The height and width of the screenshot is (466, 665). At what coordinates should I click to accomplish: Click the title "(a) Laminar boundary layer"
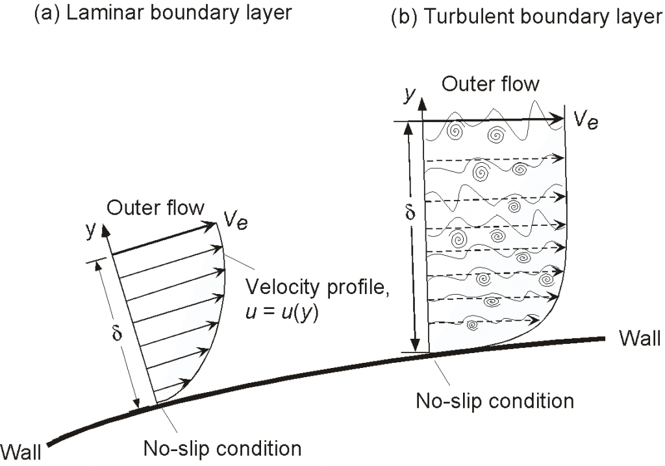[162, 12]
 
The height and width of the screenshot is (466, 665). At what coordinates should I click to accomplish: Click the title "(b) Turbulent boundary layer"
[527, 17]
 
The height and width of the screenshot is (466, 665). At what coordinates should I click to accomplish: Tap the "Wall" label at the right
[639, 338]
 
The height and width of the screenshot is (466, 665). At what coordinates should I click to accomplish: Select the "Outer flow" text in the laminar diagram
[155, 208]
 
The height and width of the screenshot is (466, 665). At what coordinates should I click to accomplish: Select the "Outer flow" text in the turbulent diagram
[490, 84]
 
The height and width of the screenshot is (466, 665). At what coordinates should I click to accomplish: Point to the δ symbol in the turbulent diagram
[410, 213]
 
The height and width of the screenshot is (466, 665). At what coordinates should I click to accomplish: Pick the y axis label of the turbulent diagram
[408, 93]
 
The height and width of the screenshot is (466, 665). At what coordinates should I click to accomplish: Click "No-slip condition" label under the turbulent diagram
[494, 400]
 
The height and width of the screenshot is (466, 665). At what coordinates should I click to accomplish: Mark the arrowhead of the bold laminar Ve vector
[210, 225]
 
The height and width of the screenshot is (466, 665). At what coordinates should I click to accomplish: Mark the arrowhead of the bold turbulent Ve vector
[558, 119]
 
